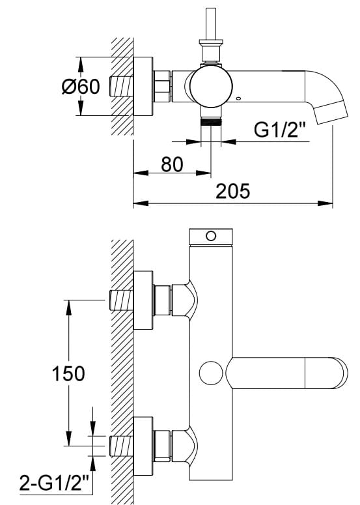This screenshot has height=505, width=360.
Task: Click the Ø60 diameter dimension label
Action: (x=81, y=87)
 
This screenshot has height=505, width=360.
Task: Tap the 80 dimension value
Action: (x=172, y=164)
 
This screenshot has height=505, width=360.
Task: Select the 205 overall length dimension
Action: (x=232, y=191)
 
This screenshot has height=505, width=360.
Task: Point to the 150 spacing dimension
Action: (x=68, y=373)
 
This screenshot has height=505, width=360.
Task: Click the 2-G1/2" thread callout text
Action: (x=53, y=482)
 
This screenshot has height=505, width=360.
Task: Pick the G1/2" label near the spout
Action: (x=279, y=130)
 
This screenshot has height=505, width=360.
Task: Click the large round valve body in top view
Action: (x=211, y=86)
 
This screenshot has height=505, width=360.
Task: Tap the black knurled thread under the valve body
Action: (x=211, y=122)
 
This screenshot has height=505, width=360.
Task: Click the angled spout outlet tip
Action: (x=331, y=113)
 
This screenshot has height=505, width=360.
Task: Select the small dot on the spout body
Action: (x=238, y=98)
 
